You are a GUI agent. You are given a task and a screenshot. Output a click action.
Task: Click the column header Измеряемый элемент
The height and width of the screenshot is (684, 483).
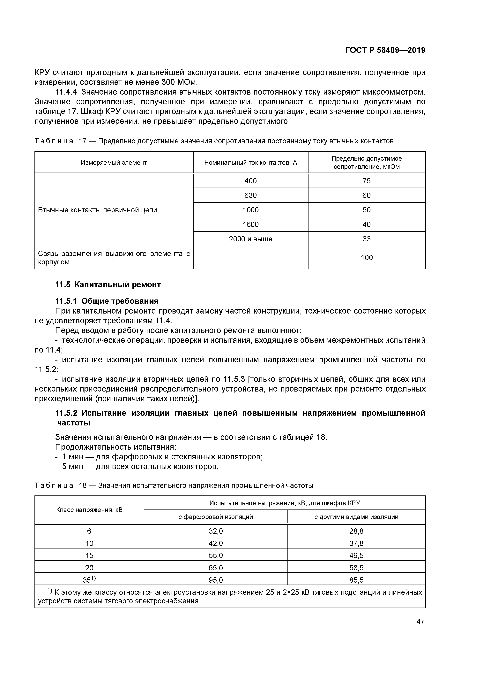pyautogui.click(x=114, y=163)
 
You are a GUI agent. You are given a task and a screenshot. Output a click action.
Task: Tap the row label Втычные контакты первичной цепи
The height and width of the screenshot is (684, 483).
pyautogui.click(x=97, y=210)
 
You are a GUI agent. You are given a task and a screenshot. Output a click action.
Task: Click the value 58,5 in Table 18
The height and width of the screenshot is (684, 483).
pyautogui.click(x=356, y=568)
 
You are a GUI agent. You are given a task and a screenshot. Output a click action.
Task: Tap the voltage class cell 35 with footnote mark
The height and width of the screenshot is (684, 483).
pyautogui.click(x=89, y=579)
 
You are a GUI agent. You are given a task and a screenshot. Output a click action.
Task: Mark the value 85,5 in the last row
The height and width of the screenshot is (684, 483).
pyautogui.click(x=356, y=580)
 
